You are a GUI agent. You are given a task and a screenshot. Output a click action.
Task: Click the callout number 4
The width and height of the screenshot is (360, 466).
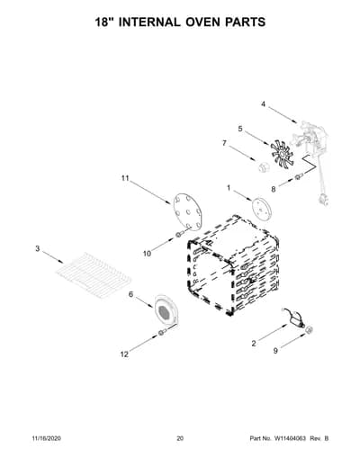(x=263, y=104)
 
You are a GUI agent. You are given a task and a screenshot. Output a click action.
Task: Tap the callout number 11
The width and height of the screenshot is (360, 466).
(x=125, y=178)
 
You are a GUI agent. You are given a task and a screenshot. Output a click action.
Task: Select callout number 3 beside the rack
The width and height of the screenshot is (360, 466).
(x=37, y=248)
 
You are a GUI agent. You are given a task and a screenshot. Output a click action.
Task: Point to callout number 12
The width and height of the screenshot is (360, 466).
(x=124, y=354)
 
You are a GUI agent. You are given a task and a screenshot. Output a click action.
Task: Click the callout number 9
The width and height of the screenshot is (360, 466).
(x=275, y=351)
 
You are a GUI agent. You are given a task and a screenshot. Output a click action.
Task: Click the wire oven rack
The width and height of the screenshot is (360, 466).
(x=94, y=274)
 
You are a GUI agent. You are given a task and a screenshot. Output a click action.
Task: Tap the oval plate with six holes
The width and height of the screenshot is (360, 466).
(x=187, y=211)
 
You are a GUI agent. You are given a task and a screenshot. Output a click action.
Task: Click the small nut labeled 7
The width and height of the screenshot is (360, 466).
(x=263, y=166)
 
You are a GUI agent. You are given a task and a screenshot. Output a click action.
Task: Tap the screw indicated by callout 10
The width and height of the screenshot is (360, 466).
(x=179, y=234)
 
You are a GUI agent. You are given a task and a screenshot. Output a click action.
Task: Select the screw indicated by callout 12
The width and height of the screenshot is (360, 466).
(x=163, y=332)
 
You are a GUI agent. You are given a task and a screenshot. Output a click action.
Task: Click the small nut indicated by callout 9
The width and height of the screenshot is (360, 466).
(x=310, y=330)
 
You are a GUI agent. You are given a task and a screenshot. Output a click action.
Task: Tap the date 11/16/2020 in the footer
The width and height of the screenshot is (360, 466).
(x=46, y=438)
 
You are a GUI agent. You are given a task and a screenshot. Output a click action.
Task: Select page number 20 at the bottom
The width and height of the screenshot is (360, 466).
(x=180, y=438)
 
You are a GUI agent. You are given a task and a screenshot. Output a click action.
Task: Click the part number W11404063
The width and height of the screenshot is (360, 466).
(x=289, y=438)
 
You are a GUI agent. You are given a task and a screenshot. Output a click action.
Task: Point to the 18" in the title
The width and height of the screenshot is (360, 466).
(x=104, y=22)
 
